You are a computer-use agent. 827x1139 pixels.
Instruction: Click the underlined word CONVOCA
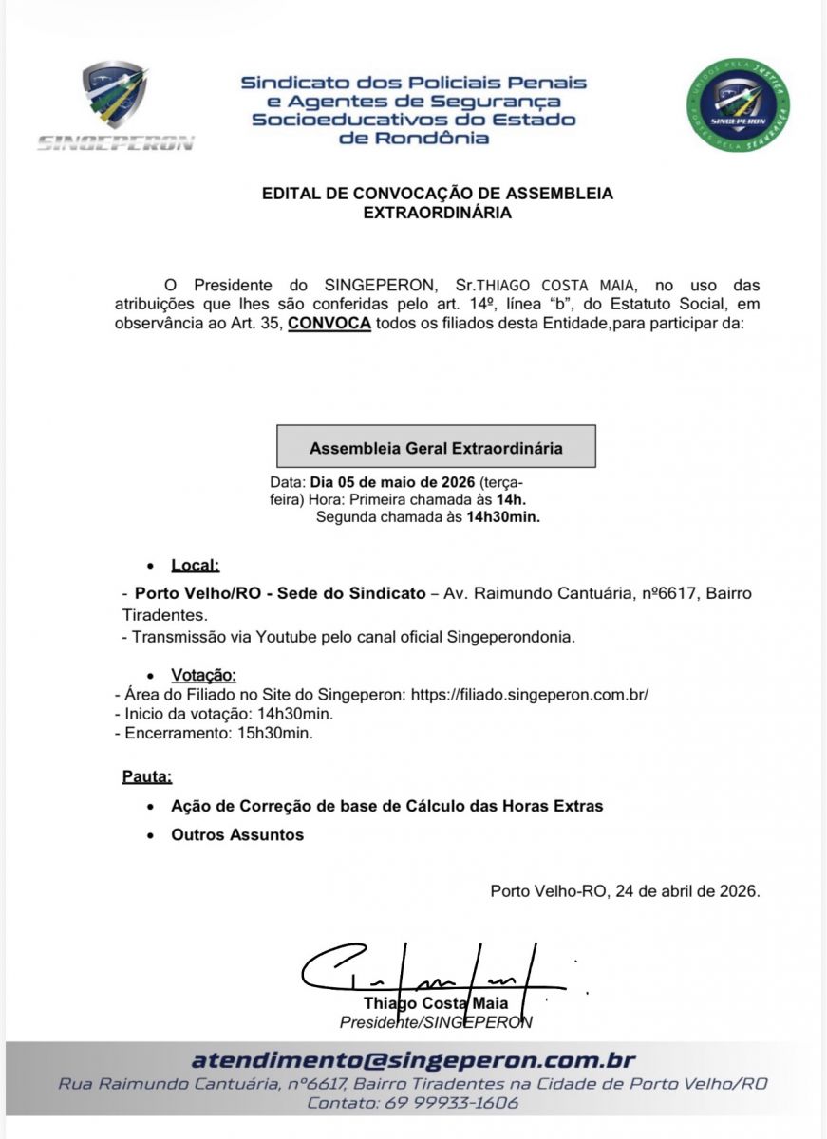(x=329, y=324)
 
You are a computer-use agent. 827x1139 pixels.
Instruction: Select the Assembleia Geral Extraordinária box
(x=436, y=447)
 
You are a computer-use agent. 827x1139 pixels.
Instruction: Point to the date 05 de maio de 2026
(x=392, y=482)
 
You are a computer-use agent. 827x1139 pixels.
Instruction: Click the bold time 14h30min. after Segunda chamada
(x=503, y=517)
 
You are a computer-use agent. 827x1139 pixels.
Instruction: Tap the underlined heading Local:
(x=195, y=566)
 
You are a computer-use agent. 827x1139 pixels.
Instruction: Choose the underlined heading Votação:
(x=203, y=676)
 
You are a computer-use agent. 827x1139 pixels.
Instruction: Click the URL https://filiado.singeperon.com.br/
(x=530, y=694)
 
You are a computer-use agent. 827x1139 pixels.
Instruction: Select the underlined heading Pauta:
(x=147, y=776)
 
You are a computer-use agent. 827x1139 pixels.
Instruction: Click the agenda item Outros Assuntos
(x=237, y=835)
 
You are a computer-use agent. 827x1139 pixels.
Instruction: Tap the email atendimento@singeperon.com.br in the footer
(x=413, y=1060)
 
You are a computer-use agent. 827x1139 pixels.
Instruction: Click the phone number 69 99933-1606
(x=452, y=1104)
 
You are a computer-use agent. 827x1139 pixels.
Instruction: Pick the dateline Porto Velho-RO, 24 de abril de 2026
(x=625, y=891)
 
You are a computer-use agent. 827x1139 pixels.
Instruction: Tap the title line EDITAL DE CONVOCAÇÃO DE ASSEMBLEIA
(x=437, y=194)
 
